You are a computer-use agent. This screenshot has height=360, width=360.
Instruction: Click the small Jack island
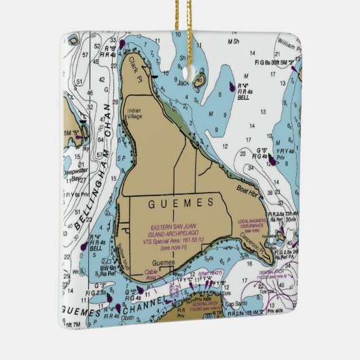200,83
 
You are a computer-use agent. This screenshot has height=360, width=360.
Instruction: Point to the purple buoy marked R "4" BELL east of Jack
232,87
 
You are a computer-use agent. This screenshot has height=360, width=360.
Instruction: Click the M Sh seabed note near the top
234,42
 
